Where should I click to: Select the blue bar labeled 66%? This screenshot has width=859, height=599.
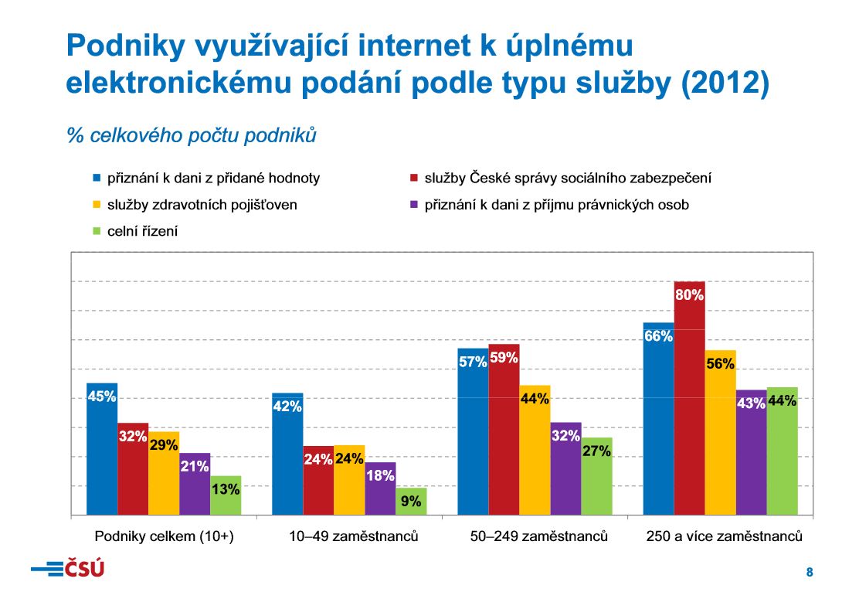658,418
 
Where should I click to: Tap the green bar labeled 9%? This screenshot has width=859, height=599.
411,501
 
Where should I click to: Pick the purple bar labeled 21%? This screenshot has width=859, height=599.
195,484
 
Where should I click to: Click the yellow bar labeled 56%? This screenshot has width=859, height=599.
720,432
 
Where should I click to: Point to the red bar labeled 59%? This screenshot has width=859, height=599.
504,429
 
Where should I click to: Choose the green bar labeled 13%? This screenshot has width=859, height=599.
226,495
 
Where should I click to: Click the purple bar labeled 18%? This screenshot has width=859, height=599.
380,488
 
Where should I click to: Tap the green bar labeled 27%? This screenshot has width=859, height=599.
596,475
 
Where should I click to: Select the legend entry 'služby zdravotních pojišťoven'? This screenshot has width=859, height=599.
201,205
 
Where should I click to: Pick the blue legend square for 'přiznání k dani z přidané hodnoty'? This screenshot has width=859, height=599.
97,179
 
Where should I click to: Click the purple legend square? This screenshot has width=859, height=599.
413,205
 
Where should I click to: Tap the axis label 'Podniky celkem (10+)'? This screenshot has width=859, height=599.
164,536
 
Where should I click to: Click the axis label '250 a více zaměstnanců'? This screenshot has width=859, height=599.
724,536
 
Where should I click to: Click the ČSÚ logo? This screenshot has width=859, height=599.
67,570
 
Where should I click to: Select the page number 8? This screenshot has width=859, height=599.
810,573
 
